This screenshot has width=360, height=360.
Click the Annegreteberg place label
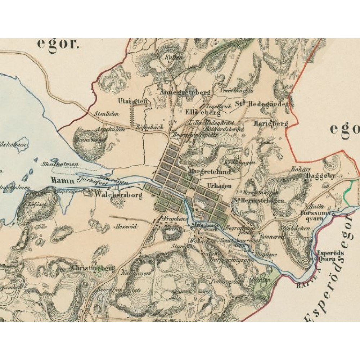coord(185,92)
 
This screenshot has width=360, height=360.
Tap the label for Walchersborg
coord(118,195)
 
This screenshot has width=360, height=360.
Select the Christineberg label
coord(93,268)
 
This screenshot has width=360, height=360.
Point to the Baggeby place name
coord(321,176)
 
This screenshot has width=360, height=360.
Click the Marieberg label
coord(271,123)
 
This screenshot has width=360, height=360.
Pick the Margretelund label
coord(210,172)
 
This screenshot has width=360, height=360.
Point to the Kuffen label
coord(172,57)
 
